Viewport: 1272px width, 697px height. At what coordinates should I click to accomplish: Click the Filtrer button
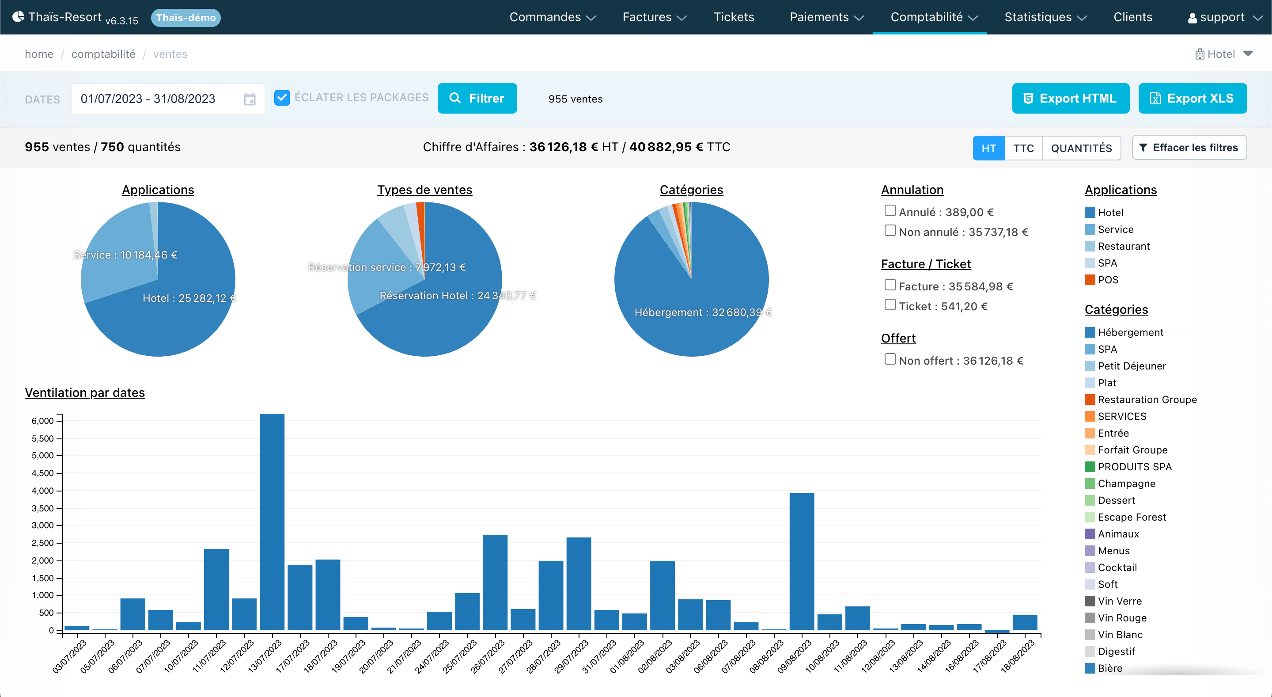tap(477, 98)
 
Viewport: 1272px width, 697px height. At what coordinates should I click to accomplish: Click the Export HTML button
tap(1071, 98)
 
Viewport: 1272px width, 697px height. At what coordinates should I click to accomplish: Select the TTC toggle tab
tap(1023, 148)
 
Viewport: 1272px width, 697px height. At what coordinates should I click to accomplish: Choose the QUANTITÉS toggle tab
tap(1081, 148)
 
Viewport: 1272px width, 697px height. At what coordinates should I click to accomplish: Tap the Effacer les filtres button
tap(1189, 148)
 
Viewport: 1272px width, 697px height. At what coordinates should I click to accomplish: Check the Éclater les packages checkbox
tap(282, 97)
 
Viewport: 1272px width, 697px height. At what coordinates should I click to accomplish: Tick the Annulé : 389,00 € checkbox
tap(890, 211)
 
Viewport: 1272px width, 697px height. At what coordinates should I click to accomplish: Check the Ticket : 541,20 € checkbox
tap(890, 305)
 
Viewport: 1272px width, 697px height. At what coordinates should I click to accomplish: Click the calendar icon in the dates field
tap(250, 99)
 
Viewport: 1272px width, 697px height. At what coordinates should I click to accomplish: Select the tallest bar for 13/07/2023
tap(272, 522)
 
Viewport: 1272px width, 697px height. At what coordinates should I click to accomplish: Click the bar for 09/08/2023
tap(802, 562)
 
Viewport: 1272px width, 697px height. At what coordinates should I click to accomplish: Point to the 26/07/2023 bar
tap(495, 583)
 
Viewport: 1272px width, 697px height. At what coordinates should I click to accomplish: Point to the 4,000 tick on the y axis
tap(43, 491)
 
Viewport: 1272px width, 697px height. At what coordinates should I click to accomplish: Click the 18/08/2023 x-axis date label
tap(1017, 656)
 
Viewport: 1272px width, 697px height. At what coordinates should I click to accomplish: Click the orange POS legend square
tap(1090, 280)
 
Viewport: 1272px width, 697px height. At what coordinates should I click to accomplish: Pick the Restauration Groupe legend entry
tap(1141, 399)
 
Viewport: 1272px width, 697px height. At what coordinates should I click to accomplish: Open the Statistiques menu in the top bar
tap(1045, 17)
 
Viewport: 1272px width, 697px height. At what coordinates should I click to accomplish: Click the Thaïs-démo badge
tap(185, 18)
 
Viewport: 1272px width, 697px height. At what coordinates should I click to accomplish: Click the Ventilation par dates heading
tap(85, 393)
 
